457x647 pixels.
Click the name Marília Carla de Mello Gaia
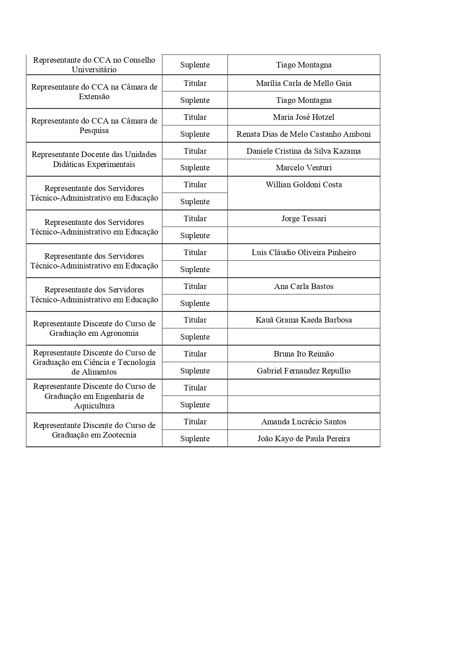304,83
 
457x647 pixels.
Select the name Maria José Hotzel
304,117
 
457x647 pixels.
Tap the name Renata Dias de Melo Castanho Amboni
304,134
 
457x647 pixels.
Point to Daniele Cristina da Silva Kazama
304,151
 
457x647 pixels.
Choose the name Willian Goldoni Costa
304,185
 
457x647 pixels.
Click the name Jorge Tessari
304,219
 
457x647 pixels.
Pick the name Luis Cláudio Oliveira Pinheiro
304,253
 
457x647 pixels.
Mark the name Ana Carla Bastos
304,286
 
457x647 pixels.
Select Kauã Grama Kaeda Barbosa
304,320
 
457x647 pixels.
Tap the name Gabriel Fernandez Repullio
304,371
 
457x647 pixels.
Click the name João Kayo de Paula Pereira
304,439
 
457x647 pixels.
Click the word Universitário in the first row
94,70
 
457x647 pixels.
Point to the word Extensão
94,97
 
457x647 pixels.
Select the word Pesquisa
94,131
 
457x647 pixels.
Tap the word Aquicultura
94,406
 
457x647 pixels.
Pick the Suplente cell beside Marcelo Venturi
195,168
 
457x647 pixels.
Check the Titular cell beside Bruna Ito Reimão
195,354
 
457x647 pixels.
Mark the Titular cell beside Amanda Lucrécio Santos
195,422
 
